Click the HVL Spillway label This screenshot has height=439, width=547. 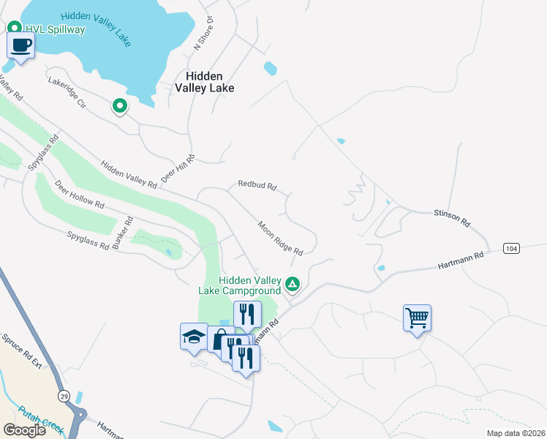click(x=56, y=29)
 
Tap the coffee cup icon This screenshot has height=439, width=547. click(x=20, y=46)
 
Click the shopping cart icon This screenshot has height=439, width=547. click(x=417, y=318)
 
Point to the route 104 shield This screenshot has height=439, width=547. click(x=512, y=249)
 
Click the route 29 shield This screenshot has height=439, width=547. click(x=64, y=395)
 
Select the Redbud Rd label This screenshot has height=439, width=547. click(x=257, y=185)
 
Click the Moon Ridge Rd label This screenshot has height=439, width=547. click(x=280, y=238)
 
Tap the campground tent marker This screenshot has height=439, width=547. click(x=293, y=283)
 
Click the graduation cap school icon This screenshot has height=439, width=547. click(x=194, y=337)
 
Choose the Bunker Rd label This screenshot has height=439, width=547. click(x=129, y=230)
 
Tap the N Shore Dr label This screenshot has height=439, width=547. click(x=203, y=34)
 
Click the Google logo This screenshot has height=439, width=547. click(x=24, y=430)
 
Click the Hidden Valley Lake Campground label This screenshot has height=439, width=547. click(x=241, y=285)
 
